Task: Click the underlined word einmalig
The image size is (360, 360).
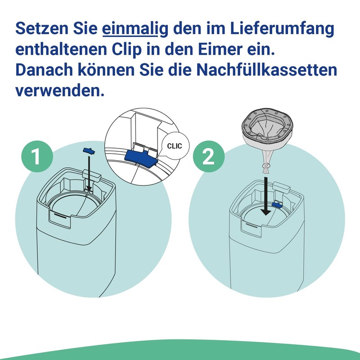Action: [x=135, y=29]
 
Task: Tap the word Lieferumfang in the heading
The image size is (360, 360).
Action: [x=282, y=29]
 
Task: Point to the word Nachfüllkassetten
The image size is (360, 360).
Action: [x=267, y=70]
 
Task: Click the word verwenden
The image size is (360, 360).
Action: [x=60, y=91]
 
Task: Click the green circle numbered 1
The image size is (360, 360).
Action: [x=37, y=156]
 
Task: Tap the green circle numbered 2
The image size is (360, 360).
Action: [x=208, y=156]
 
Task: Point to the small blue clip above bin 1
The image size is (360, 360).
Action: [x=88, y=151]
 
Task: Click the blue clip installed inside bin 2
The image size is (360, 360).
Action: [x=277, y=204]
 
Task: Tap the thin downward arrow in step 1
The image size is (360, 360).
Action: [x=89, y=173]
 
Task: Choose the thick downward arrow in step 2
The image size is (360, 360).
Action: [x=266, y=196]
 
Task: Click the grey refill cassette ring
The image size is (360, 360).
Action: [x=267, y=126]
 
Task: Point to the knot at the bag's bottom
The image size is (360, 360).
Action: [x=266, y=165]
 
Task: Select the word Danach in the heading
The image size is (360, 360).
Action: [x=44, y=70]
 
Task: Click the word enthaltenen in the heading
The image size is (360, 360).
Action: [x=61, y=49]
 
